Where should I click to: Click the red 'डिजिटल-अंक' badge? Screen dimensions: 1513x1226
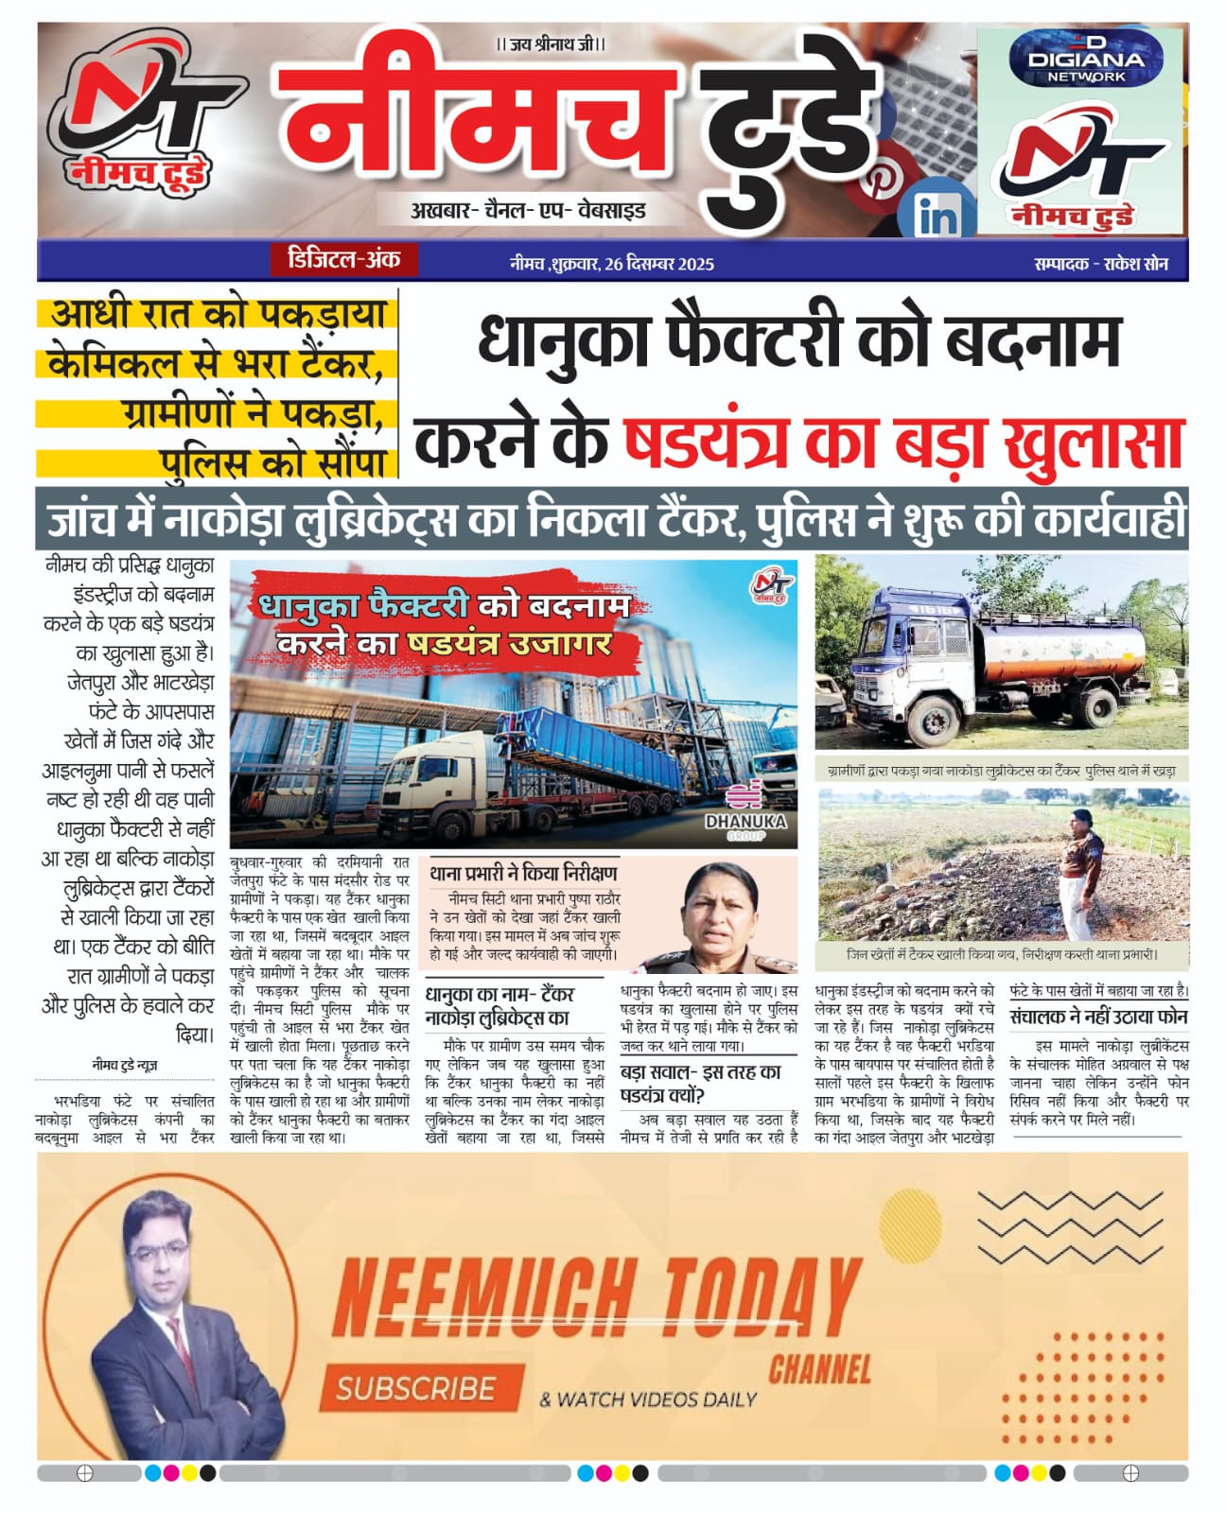click(x=342, y=259)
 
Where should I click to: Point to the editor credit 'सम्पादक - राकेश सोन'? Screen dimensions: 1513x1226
click(x=1100, y=264)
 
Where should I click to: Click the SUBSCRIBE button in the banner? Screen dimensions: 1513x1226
click(x=416, y=1388)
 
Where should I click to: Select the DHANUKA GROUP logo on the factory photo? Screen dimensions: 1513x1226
click(x=744, y=814)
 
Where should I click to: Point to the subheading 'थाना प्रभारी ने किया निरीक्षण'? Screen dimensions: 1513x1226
click(x=522, y=872)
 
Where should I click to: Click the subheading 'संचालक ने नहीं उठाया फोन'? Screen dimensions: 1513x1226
click(x=1098, y=1017)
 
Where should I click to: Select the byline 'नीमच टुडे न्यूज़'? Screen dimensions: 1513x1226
click(x=125, y=1065)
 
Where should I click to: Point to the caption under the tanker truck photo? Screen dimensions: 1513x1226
click(x=1001, y=771)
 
